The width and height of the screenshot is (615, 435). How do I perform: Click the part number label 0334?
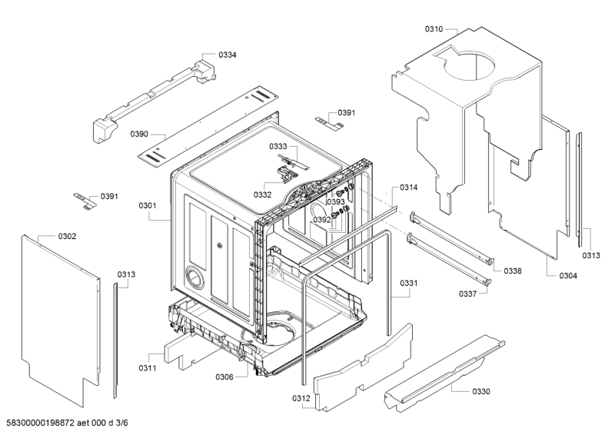point(228,55)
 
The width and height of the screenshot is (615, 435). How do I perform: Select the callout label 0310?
point(434,29)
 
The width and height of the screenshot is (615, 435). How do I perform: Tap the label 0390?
point(139,134)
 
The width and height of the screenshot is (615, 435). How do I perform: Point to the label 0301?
point(148,205)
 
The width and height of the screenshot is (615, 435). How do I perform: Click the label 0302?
point(67,236)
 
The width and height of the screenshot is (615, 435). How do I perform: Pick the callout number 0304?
point(568,276)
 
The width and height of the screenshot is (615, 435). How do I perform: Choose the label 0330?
point(481,391)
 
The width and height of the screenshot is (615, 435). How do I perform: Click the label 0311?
point(148,368)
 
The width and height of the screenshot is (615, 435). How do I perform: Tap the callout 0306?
point(224,377)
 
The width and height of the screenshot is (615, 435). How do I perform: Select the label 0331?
point(409,284)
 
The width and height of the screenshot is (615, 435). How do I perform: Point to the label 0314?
point(409,188)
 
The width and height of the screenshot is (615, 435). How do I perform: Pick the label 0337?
point(469,293)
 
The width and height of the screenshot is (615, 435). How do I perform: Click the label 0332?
point(263,195)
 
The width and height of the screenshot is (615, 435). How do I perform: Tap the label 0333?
point(278,146)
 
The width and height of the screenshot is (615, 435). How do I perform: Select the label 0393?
point(336,202)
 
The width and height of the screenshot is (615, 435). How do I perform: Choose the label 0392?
point(321,220)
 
